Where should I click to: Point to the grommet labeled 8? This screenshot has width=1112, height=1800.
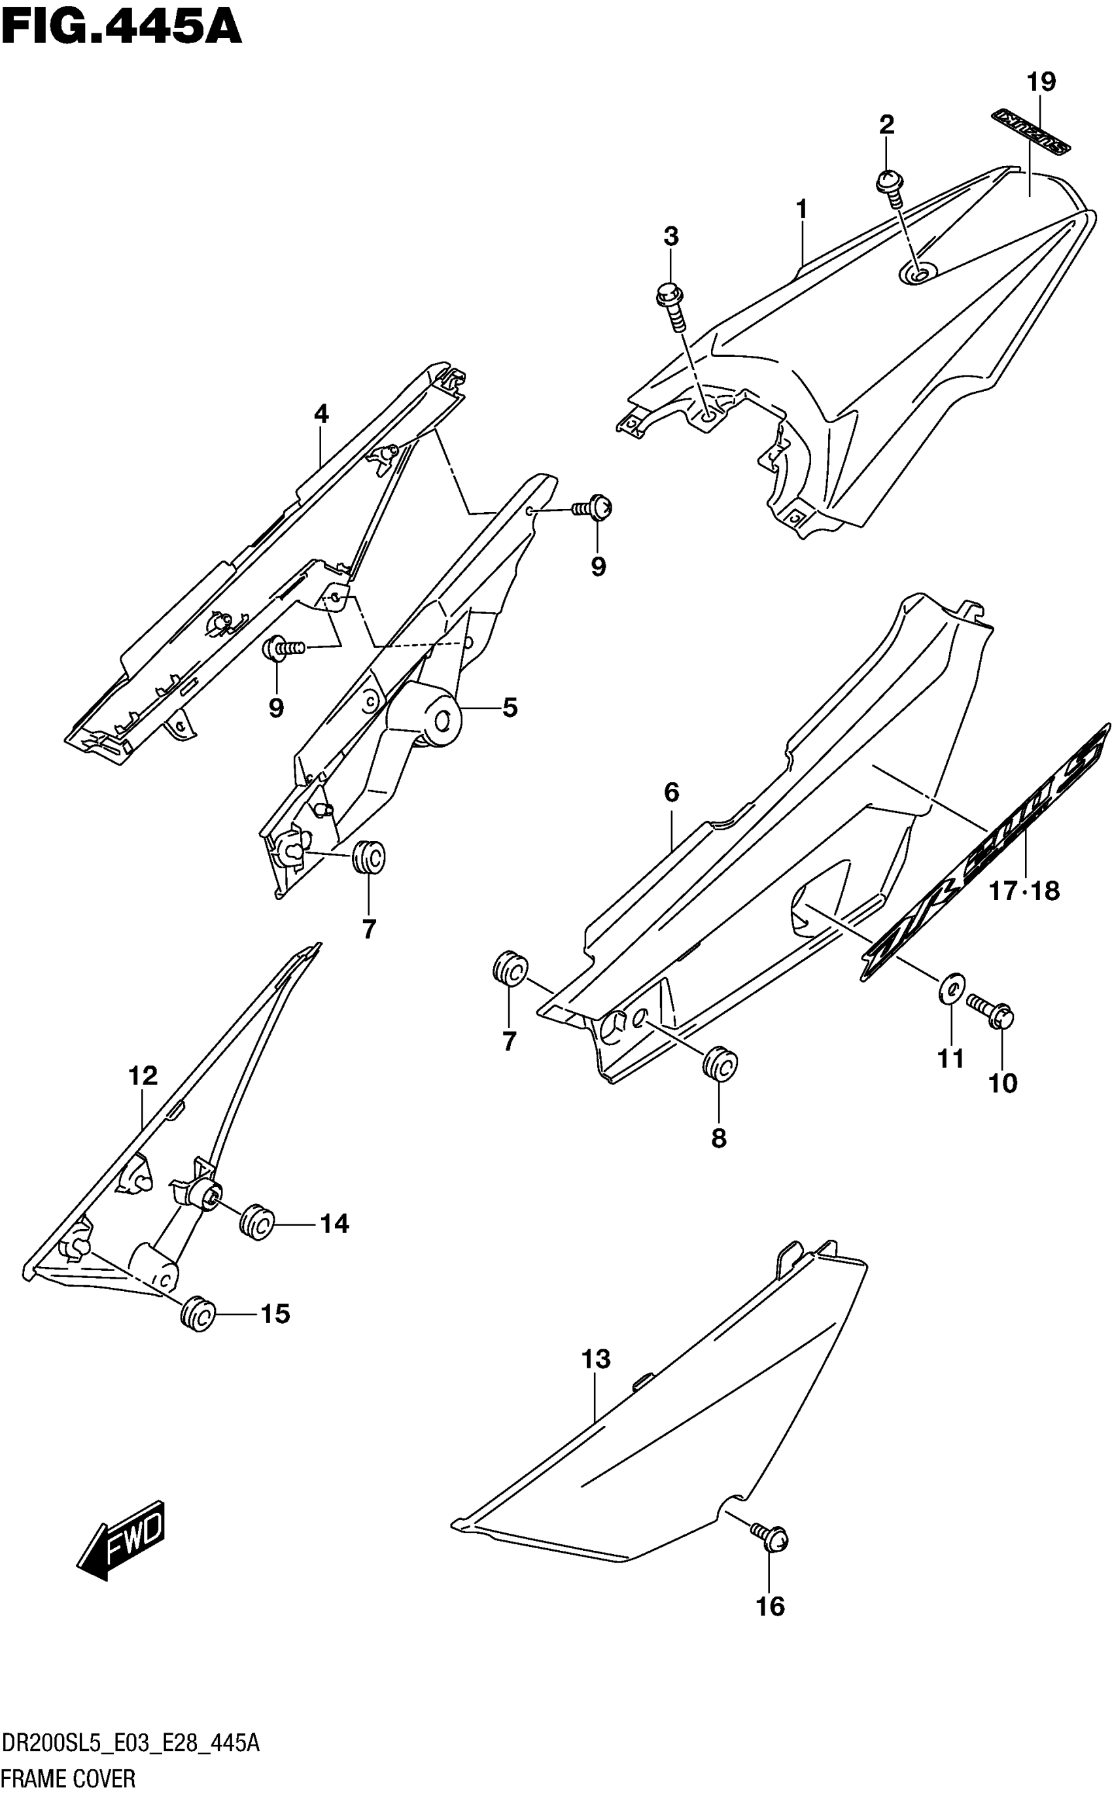coord(720,1064)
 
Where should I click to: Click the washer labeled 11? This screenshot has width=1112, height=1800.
coord(951,988)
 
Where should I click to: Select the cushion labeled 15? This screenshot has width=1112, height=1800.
coord(198,1314)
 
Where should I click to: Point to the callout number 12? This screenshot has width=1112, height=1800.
coord(143,1076)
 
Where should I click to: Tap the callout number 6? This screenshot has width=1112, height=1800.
coord(670,793)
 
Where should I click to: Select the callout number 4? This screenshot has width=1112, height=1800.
coord(321,414)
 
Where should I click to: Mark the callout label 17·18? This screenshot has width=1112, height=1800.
coord(1024,891)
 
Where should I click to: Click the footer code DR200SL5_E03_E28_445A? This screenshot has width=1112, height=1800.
coord(131,1743)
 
